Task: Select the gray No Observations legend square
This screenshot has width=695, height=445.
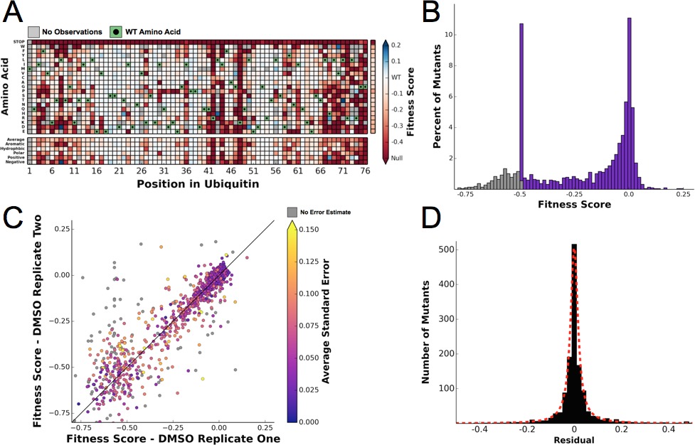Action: (33, 32)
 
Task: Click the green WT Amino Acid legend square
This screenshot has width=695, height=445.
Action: (115, 32)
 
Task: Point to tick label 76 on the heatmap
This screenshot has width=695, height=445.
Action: (364, 172)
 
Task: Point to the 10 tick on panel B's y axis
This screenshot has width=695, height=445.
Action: (444, 36)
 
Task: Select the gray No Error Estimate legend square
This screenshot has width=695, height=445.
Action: (291, 211)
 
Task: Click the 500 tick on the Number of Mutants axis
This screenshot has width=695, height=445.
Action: (442, 250)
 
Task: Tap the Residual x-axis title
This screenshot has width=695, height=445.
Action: (573, 440)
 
